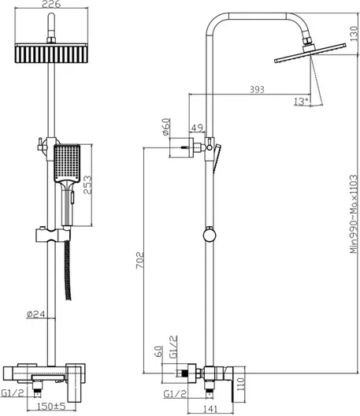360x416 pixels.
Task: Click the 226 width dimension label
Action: [51, 4]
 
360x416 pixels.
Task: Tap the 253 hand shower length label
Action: [87, 184]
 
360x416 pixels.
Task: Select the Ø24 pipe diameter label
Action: [36, 314]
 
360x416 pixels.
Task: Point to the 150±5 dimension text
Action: [51, 407]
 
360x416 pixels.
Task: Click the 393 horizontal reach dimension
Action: [257, 89]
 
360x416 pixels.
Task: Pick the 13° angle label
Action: [301, 102]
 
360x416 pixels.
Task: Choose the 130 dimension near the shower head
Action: [354, 33]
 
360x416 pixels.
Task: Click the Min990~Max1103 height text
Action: [354, 214]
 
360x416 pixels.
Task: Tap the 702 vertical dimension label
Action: [140, 260]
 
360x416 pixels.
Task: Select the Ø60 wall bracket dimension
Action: [166, 127]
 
